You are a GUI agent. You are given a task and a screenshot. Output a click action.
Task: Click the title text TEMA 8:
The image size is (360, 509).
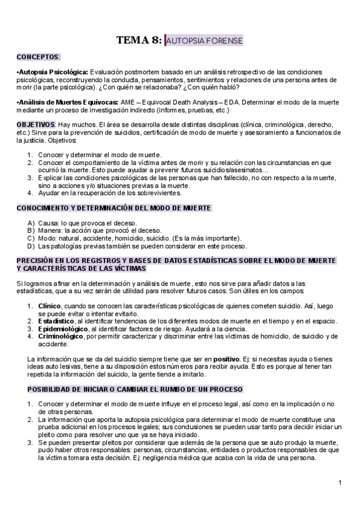(x=139, y=40)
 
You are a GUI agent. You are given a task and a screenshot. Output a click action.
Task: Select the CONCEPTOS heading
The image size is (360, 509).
(x=38, y=57)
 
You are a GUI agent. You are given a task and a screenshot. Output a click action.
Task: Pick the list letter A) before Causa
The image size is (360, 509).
(x=31, y=223)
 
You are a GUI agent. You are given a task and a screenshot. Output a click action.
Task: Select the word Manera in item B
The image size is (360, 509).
(x=50, y=230)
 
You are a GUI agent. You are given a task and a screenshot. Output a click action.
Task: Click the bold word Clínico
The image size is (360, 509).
(x=49, y=306)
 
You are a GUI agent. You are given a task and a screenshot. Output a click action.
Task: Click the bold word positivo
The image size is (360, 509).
(x=224, y=358)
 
